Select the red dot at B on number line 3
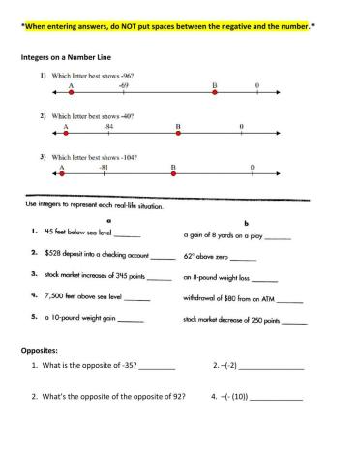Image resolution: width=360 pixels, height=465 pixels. click(173, 175)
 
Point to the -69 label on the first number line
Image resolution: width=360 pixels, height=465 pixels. click(125, 86)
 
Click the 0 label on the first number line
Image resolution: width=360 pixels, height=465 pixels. click(256, 86)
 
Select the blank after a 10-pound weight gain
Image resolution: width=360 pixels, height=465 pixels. click(130, 320)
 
